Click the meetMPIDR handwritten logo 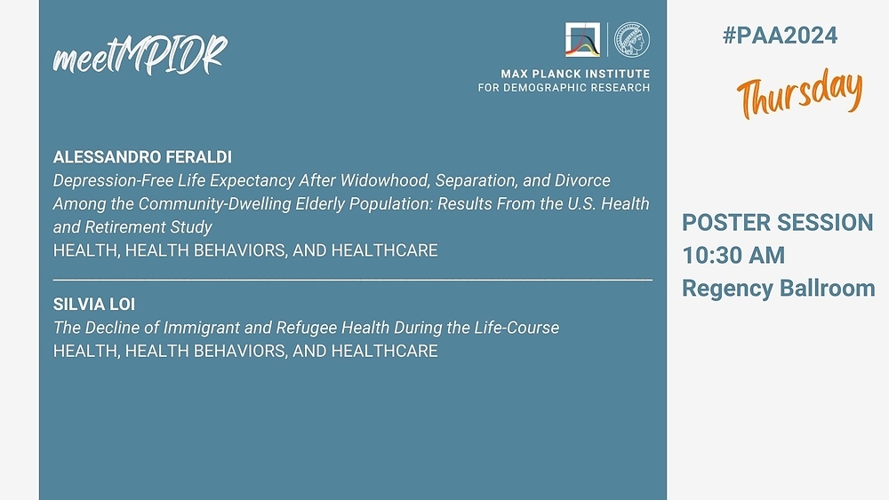click(x=140, y=55)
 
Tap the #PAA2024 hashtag click(x=780, y=36)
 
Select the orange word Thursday click(x=799, y=93)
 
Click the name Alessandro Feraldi click(x=142, y=157)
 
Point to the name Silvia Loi click(x=94, y=305)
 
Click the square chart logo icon click(x=582, y=40)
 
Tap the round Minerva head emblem click(x=632, y=40)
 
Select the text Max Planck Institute click(x=575, y=74)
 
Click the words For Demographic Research click(x=564, y=88)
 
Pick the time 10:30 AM click(x=733, y=256)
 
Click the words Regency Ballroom click(x=779, y=289)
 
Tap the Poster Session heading click(x=777, y=223)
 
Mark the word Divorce click(x=582, y=180)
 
